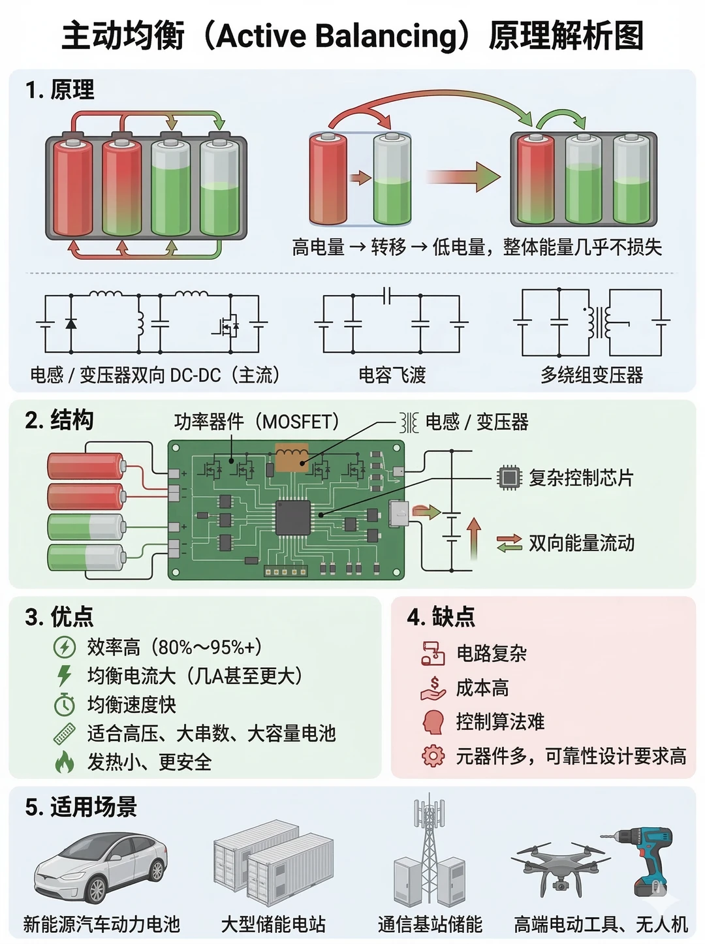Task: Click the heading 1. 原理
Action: [60, 90]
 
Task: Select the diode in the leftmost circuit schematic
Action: [71, 323]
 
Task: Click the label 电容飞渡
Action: [392, 375]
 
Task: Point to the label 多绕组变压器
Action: [591, 375]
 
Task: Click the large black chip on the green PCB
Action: [293, 518]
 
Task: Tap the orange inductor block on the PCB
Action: [292, 457]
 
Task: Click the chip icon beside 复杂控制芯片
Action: [509, 477]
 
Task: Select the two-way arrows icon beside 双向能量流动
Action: [509, 543]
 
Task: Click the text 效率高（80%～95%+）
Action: [174, 647]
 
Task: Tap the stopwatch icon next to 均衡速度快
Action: [65, 704]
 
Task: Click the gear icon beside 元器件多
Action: [433, 755]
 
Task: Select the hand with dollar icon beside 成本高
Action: [433, 688]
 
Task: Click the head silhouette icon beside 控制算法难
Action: [433, 721]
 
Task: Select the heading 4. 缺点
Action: [441, 617]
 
